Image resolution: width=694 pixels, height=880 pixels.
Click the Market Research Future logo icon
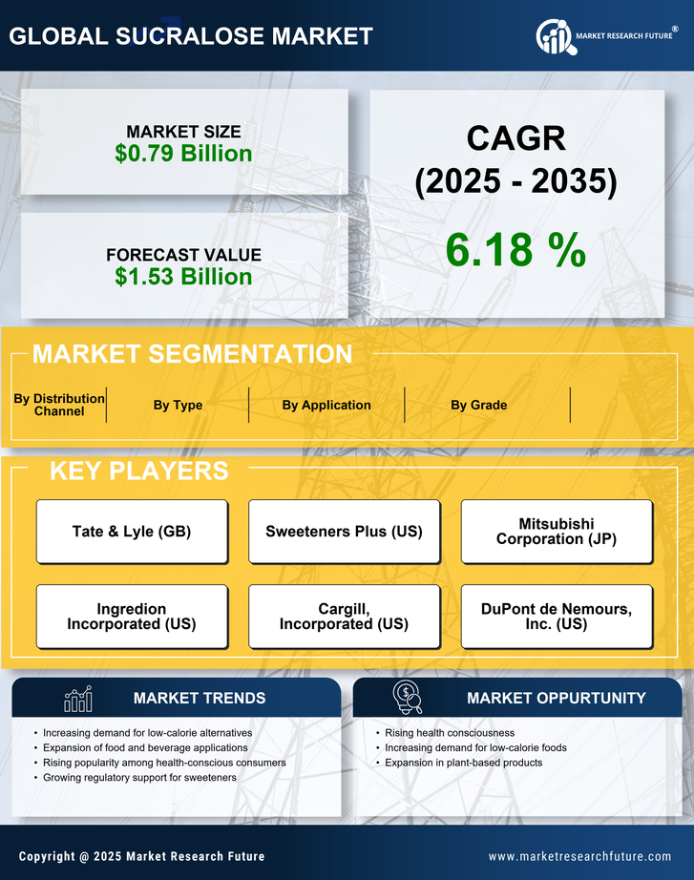tap(555, 37)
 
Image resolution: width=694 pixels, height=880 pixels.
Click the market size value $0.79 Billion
tap(183, 154)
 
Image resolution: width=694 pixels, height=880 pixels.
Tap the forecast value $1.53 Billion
tap(183, 277)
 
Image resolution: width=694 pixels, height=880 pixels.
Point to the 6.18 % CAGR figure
tap(515, 250)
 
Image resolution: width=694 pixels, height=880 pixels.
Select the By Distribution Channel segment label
tap(59, 405)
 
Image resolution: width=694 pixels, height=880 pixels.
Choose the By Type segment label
tap(178, 405)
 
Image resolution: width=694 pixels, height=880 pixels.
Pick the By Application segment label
tap(326, 405)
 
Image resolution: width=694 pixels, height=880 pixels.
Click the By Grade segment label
tap(479, 405)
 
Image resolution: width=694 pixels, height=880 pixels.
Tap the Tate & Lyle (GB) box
tap(132, 532)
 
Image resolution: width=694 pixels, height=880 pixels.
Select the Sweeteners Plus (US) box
tap(344, 532)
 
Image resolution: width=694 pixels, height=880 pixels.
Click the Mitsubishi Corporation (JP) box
tap(557, 532)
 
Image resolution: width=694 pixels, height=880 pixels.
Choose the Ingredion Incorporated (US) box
tap(132, 617)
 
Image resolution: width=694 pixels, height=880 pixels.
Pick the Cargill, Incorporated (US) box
tap(344, 617)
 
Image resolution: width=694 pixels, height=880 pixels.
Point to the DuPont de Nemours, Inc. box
tap(557, 617)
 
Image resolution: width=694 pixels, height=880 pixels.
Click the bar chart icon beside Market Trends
tap(78, 699)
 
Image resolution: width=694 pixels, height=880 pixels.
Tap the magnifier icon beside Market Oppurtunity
tap(408, 698)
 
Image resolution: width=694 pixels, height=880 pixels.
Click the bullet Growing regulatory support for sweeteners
tap(139, 778)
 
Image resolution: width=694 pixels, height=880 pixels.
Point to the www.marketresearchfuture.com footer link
tap(579, 856)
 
